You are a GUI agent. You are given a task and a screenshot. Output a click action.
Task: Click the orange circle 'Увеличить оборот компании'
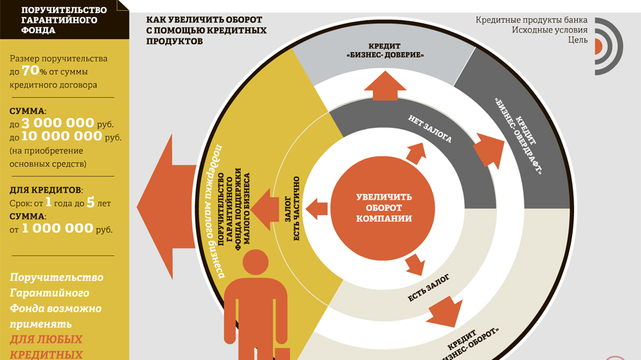[x=384, y=208]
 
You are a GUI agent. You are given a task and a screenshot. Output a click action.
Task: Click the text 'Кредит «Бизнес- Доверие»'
[x=385, y=50]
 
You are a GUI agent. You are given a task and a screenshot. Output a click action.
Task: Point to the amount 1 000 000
[x=57, y=229]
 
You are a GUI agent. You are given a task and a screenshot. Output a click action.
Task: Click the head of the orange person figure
[x=255, y=261]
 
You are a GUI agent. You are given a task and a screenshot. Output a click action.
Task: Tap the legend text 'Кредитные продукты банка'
[x=531, y=20]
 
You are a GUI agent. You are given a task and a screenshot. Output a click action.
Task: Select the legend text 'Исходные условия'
[x=549, y=30]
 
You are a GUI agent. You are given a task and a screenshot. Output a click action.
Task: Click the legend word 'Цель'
[x=577, y=40]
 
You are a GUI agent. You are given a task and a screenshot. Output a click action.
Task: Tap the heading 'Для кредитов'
[x=46, y=190]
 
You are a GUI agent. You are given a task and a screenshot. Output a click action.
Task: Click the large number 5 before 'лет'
[x=90, y=202]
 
